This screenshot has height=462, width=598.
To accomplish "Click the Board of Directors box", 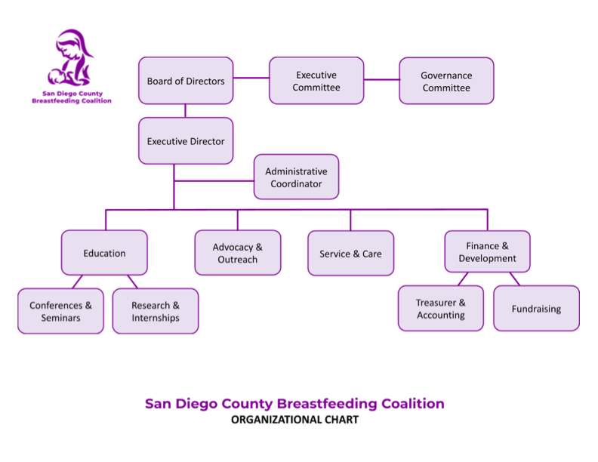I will (x=186, y=81).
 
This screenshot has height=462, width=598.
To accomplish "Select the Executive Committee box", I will (x=316, y=81).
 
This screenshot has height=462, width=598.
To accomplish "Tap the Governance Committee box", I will (x=446, y=81).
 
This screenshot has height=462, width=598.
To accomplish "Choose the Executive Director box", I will (x=186, y=141).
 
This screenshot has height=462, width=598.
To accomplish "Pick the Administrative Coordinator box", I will (x=296, y=177).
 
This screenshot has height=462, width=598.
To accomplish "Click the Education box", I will (x=104, y=253).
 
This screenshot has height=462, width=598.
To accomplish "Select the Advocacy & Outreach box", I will (x=238, y=253).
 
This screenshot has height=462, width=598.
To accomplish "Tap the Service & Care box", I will (x=350, y=254).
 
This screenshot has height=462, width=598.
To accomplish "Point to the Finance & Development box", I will (x=487, y=252).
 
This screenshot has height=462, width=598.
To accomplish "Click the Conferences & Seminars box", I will (x=60, y=311).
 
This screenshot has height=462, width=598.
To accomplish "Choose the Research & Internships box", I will (x=156, y=311).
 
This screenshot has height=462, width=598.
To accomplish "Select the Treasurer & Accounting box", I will (x=441, y=308).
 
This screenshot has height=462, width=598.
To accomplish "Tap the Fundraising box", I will (x=536, y=308).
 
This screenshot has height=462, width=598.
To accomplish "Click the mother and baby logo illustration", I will (x=72, y=60).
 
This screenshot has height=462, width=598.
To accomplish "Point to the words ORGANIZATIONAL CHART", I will (x=294, y=420).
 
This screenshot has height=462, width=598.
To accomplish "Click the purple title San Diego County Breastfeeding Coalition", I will (x=294, y=403).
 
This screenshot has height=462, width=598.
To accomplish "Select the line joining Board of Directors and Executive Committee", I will (x=251, y=78).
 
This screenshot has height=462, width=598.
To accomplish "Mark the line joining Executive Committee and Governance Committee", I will (x=381, y=79).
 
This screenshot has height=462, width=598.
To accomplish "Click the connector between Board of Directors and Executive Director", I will (x=186, y=111).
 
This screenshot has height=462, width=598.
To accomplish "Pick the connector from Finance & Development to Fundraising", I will (x=514, y=279).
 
